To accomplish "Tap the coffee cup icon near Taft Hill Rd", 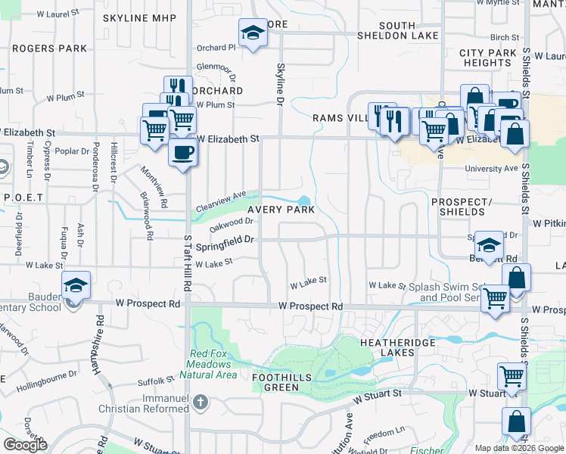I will pyautogui.click(x=183, y=152).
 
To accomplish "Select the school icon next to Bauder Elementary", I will pyautogui.click(x=76, y=285).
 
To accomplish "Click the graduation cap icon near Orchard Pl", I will pyautogui.click(x=252, y=33).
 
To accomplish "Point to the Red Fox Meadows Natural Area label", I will pyautogui.click(x=213, y=364).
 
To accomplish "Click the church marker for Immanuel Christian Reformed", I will pyautogui.click(x=200, y=402).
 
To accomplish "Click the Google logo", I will pyautogui.click(x=26, y=445).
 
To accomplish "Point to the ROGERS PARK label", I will pyautogui.click(x=38, y=48).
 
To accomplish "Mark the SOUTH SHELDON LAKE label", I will pyautogui.click(x=409, y=30).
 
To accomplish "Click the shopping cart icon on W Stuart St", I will pyautogui.click(x=512, y=375).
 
